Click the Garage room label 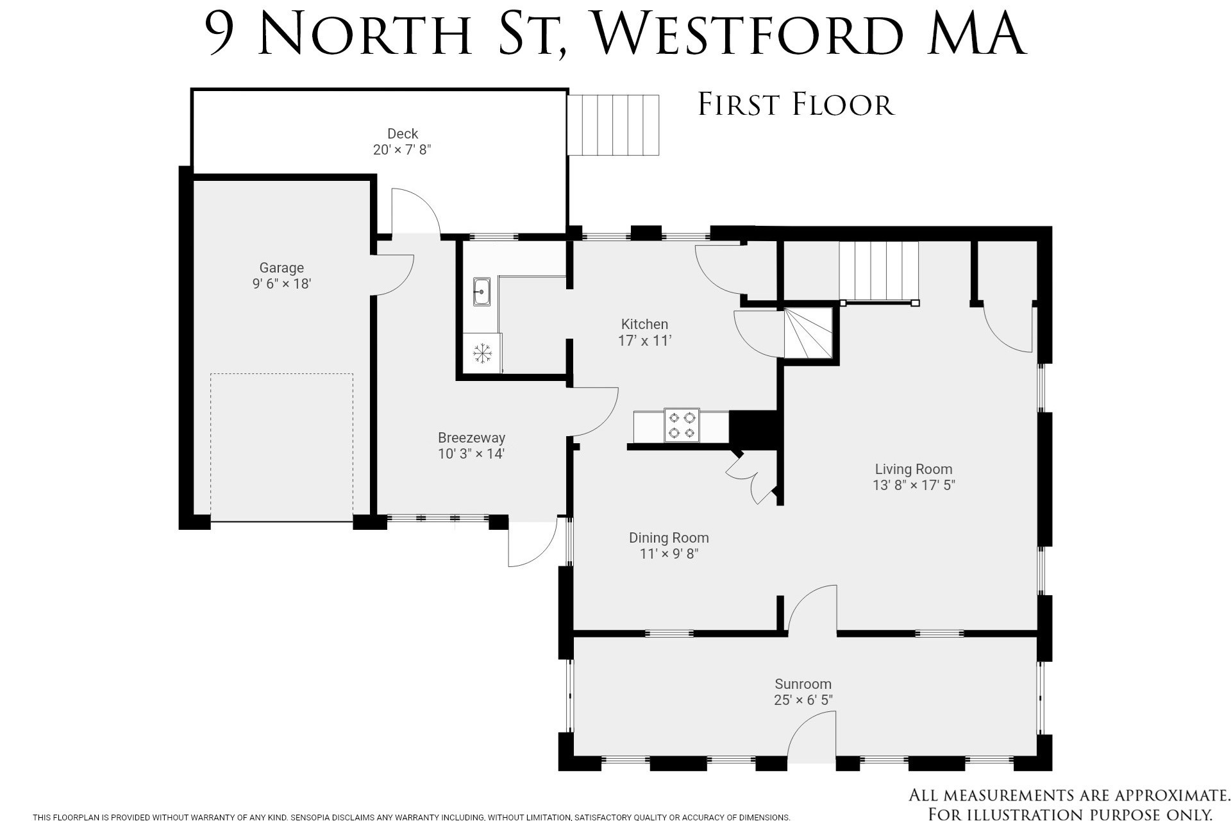[281, 268]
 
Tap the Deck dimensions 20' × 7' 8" [403, 150]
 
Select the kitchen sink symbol [482, 292]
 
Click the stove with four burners [682, 425]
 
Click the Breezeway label [471, 438]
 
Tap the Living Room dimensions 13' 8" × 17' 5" [914, 485]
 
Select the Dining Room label [669, 538]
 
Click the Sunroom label [803, 684]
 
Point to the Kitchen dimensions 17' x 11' [644, 341]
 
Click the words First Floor [796, 105]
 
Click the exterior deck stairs [614, 125]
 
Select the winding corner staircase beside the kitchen [808, 333]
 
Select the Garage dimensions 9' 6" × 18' [281, 284]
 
